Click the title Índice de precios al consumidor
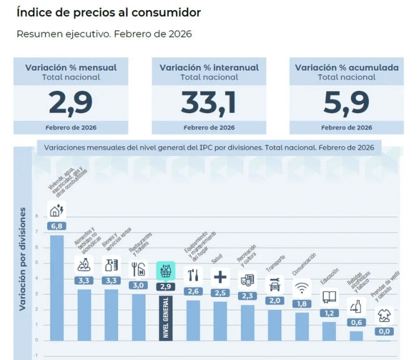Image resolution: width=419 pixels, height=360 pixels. [108, 12]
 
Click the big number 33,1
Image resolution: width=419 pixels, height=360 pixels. [208, 102]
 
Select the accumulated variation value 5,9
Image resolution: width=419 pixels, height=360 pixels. [346, 102]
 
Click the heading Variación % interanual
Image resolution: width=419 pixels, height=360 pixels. [209, 67]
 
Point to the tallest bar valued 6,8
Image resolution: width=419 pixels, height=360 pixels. [57, 287]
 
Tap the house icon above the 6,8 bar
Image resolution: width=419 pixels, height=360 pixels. [57, 210]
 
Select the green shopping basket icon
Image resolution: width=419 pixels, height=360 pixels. [165, 271]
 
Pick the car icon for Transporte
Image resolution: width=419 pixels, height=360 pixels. [274, 285]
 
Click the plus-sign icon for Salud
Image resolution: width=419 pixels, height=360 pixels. [220, 276]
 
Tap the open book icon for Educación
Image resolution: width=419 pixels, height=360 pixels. [329, 297]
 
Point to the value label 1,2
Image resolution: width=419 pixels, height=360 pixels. [329, 313]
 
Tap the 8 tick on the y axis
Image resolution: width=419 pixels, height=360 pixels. [37, 216]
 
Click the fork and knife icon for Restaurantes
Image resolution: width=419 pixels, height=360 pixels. [138, 270]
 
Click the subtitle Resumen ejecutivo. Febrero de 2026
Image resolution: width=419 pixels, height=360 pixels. [104, 34]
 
